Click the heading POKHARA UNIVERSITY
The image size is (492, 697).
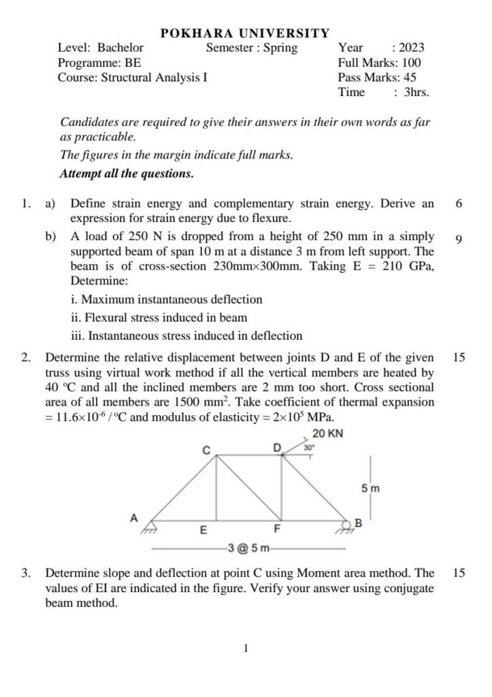tap(245, 33)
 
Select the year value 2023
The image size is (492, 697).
tap(411, 48)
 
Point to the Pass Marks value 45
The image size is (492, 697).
tap(410, 78)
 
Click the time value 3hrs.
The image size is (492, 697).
tap(416, 93)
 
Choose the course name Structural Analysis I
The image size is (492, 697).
tap(154, 78)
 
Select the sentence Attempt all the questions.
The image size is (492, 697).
tap(127, 174)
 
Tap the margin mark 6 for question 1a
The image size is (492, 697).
tap(459, 204)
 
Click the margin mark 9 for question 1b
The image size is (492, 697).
tap(459, 239)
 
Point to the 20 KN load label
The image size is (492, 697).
tap(327, 434)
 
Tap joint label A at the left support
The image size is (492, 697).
tap(134, 518)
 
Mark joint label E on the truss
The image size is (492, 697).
tap(203, 530)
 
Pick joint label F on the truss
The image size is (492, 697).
tap(277, 529)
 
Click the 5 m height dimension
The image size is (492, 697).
tap(370, 488)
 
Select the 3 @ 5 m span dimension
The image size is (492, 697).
tap(249, 548)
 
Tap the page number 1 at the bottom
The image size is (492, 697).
tap(246, 649)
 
